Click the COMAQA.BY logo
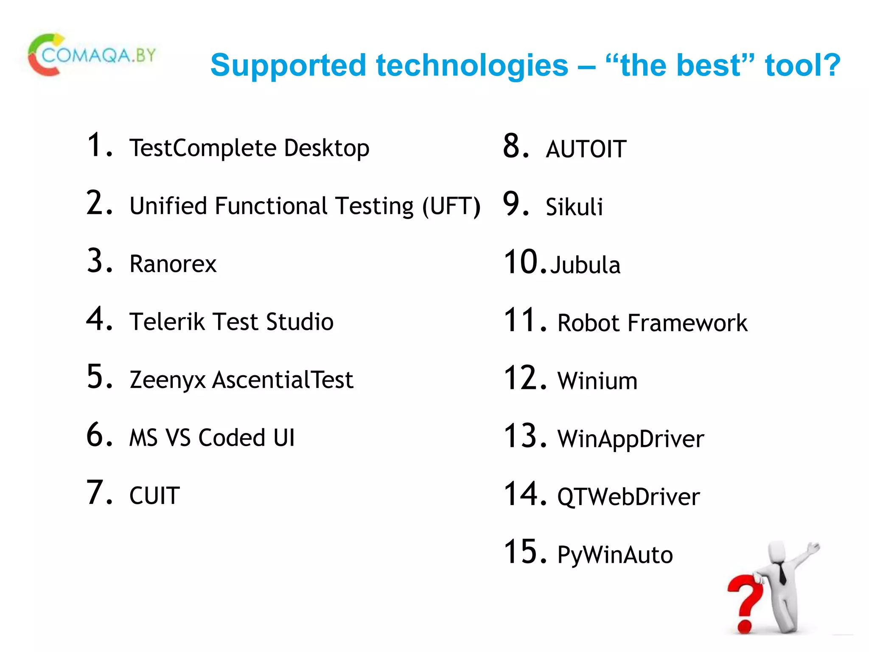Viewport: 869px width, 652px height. point(92,55)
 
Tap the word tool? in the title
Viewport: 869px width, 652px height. point(802,65)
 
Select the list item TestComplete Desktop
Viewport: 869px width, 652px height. point(249,148)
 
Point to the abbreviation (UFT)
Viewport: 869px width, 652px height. point(451,206)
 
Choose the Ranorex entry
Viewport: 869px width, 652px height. point(173,264)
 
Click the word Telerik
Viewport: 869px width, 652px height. point(167,322)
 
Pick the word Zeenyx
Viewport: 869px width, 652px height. point(168,380)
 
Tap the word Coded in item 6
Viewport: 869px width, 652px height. point(232,438)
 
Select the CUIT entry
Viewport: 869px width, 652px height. point(154,496)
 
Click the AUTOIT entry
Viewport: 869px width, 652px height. point(586,149)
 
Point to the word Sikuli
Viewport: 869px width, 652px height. point(574,207)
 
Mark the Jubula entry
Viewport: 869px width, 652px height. point(585,265)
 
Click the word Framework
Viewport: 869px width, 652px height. point(687,323)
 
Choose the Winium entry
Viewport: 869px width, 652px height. point(597,381)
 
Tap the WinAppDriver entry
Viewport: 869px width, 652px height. point(631,439)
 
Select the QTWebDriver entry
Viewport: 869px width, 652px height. point(628,497)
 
